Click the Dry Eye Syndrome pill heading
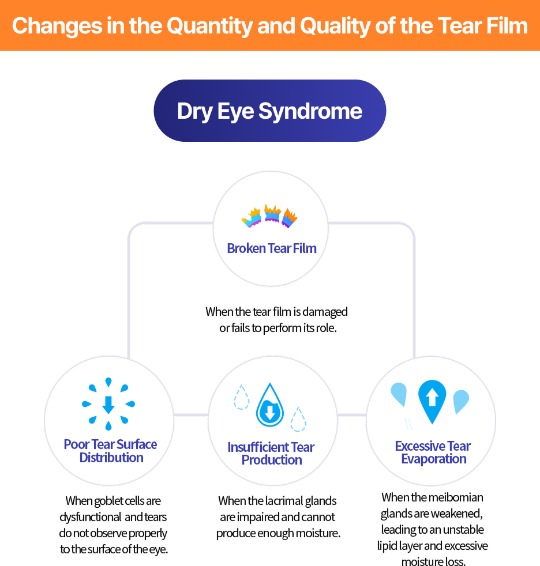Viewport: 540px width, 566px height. [269, 111]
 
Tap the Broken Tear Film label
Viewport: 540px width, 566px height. [271, 248]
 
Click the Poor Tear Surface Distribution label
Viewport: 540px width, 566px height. [110, 451]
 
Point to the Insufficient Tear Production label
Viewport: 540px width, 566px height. [271, 454]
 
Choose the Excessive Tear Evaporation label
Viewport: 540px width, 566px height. [433, 452]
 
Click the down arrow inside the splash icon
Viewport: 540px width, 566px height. [108, 405]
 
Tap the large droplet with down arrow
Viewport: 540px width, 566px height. [269, 406]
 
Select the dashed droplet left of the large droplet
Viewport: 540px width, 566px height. [241, 397]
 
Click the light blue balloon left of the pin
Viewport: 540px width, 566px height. [399, 395]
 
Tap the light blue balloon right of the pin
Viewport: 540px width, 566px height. [461, 401]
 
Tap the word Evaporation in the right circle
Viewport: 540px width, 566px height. [434, 459]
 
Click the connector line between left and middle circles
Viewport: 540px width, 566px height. [190, 414]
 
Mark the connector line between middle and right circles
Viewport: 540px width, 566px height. [351, 414]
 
